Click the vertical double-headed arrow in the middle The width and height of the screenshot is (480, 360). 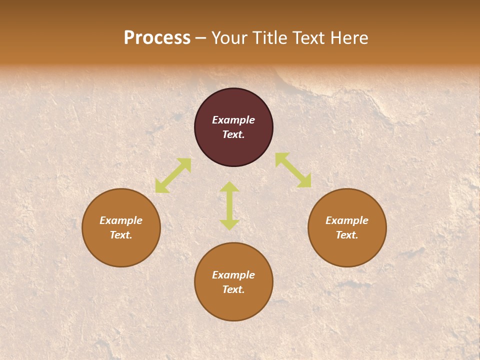pos(229,205)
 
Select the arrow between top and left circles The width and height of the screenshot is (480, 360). pos(173,175)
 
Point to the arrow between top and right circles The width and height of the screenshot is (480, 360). pos(293,170)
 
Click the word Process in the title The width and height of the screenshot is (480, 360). pos(157,38)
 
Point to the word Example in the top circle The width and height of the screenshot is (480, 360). pos(233,120)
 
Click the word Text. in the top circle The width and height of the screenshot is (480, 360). pos(233,134)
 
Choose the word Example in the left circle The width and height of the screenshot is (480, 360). pos(121,220)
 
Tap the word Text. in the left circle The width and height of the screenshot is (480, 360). pos(121,235)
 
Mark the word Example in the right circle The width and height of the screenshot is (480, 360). pos(347,220)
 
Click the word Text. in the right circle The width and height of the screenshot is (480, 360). pos(347,235)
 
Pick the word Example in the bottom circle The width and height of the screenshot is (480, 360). pos(233,275)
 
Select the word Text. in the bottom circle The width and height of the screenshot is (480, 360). pos(233,289)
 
